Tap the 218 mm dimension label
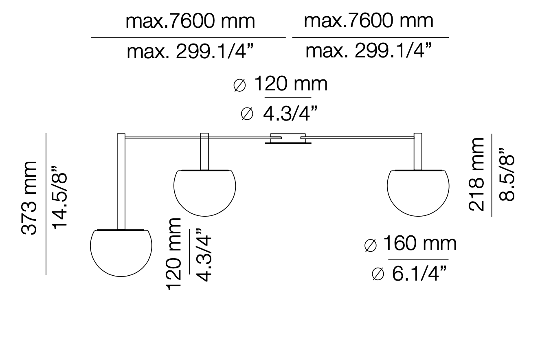(x=477, y=174)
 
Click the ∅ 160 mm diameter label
(x=410, y=244)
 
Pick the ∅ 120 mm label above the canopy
(x=281, y=84)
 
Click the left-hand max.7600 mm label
(x=190, y=21)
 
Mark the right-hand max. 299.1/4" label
(x=368, y=51)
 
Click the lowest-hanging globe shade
(x=121, y=252)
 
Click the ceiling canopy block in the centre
(x=288, y=138)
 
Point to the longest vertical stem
(x=121, y=181)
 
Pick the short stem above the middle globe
(x=204, y=151)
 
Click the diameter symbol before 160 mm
(x=370, y=245)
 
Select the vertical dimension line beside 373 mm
(x=46, y=204)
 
